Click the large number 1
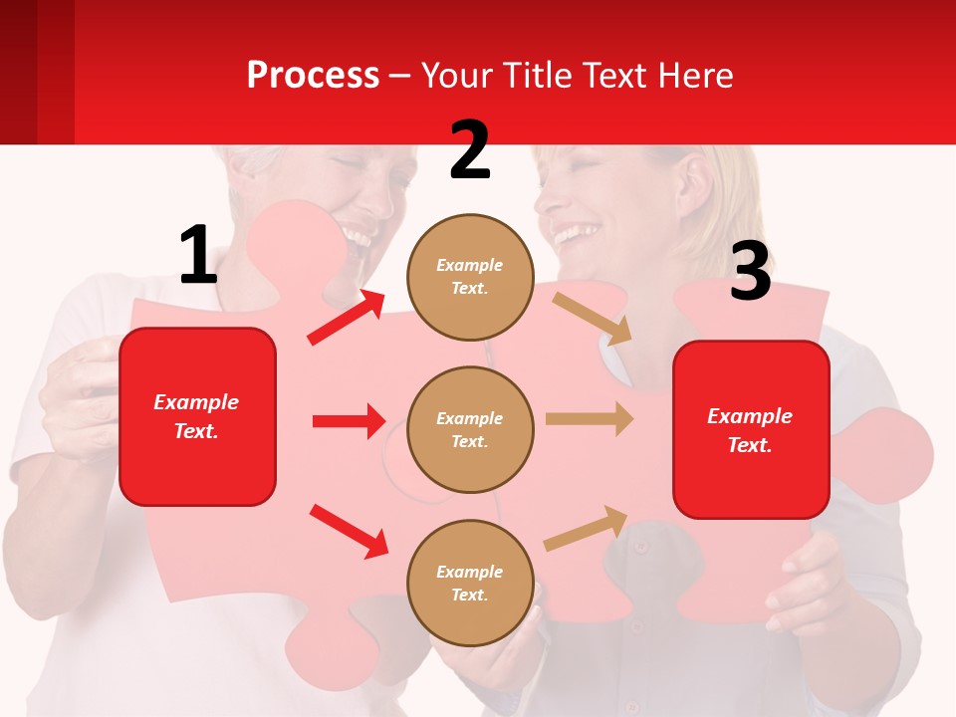(198, 255)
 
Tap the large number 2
(470, 150)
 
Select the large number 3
(750, 272)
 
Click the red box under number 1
(197, 416)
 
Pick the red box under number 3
(751, 429)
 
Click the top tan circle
(470, 277)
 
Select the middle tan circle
(470, 429)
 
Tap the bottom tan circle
(470, 583)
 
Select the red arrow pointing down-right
(349, 530)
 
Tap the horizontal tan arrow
(590, 418)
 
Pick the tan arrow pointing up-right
(586, 529)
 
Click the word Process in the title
(313, 75)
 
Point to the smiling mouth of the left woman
(356, 237)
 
